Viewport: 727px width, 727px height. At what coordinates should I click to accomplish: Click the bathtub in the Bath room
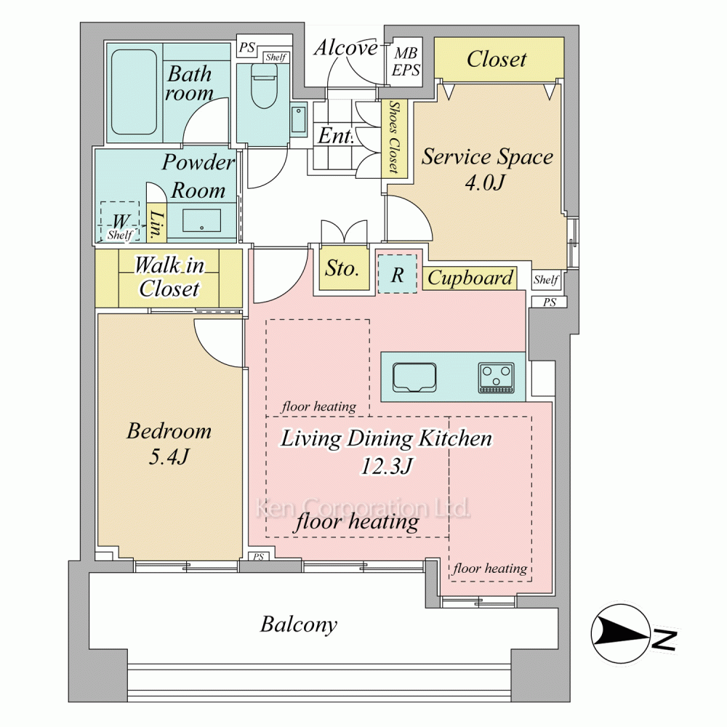[134, 92]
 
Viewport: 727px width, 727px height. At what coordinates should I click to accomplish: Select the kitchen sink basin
[414, 377]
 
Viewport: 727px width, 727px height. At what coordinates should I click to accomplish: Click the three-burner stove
[496, 377]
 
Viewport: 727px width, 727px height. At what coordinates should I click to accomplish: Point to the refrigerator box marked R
[398, 274]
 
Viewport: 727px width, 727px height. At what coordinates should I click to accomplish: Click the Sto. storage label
[342, 268]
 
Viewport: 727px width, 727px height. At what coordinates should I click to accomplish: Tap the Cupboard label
[470, 278]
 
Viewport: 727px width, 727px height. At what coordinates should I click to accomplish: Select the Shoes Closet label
[394, 137]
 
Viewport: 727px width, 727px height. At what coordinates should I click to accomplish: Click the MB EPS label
[406, 61]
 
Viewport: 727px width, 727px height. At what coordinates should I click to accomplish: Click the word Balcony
[299, 624]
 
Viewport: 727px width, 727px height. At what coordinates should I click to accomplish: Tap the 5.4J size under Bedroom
[169, 457]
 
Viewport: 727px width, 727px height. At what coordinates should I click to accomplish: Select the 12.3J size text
[386, 465]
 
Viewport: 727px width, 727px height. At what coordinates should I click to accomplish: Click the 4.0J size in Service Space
[485, 182]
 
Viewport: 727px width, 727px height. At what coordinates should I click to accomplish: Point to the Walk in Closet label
[169, 277]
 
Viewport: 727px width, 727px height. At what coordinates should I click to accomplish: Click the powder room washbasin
[201, 221]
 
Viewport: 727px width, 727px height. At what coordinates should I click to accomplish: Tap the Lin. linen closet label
[157, 225]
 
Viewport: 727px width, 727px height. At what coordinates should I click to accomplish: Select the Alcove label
[345, 48]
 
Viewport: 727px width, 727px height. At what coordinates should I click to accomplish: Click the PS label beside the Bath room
[246, 47]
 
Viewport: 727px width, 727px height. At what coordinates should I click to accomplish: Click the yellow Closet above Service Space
[499, 58]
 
